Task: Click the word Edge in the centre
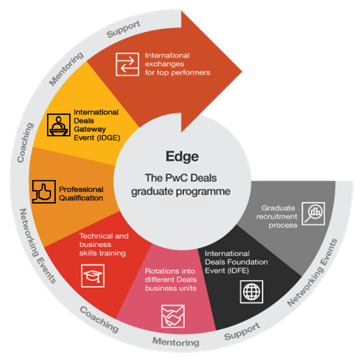click(182, 157)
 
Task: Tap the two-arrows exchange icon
click(127, 64)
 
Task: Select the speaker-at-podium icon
click(59, 125)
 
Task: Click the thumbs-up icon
click(44, 192)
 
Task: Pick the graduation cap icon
click(93, 276)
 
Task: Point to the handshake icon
click(173, 317)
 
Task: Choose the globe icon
click(252, 292)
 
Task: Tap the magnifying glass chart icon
click(314, 214)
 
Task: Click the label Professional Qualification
click(81, 194)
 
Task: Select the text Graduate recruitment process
click(277, 216)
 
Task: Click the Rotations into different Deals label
click(171, 280)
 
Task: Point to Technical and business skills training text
click(104, 244)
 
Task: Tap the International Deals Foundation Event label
click(236, 262)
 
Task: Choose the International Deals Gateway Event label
click(97, 125)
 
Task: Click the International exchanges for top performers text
click(178, 64)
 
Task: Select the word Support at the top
click(123, 29)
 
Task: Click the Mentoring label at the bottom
click(176, 342)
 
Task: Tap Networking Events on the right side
click(312, 273)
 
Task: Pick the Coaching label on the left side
click(25, 142)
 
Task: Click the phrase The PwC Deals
click(181, 178)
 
